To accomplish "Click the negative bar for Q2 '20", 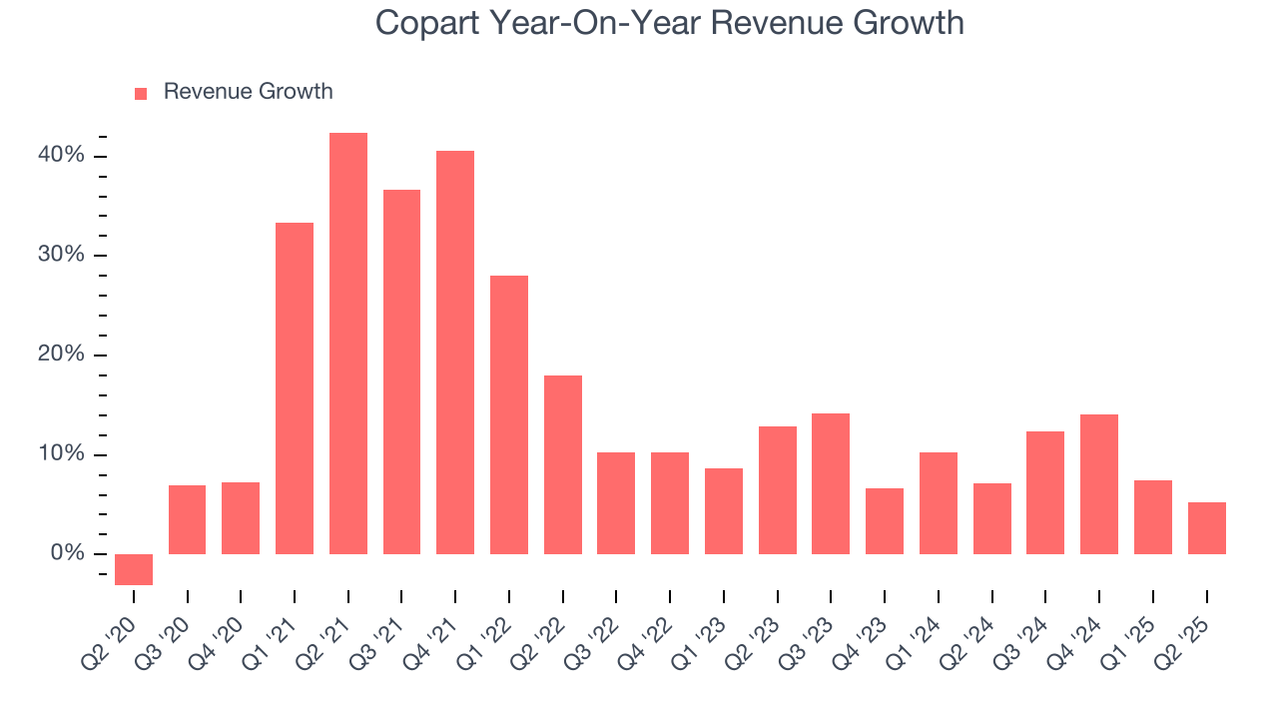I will (134, 569).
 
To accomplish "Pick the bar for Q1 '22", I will (509, 414).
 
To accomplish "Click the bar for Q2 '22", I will (563, 464).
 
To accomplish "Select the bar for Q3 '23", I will (831, 483).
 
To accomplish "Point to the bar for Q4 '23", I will (885, 521).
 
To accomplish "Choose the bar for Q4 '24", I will (1099, 484).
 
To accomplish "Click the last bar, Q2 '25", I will (1206, 528).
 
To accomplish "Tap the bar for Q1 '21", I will (295, 388).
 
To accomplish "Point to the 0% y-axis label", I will (67, 554).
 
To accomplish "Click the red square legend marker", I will (141, 93).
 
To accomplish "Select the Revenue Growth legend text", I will (248, 92).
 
